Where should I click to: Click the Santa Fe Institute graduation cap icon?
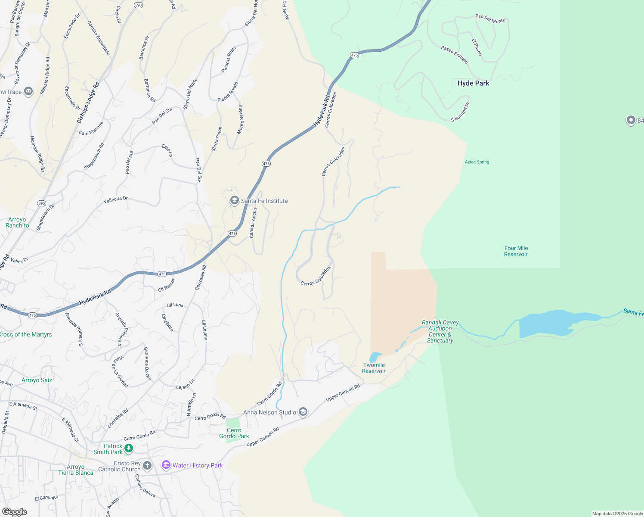(x=235, y=201)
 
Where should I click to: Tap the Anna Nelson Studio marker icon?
(x=303, y=412)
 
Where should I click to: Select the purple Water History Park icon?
(x=166, y=465)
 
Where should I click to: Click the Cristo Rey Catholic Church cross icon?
(x=147, y=466)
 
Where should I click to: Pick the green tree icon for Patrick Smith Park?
(x=128, y=449)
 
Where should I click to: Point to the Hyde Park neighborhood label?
(x=473, y=83)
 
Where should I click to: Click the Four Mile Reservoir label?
(x=516, y=251)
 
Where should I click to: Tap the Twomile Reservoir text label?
(x=374, y=368)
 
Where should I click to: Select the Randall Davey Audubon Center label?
(x=440, y=331)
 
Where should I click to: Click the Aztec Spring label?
(x=477, y=162)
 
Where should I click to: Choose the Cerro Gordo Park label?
(x=234, y=433)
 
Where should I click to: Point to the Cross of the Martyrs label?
(x=26, y=334)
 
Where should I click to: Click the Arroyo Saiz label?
(x=37, y=380)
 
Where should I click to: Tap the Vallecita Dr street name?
(x=116, y=200)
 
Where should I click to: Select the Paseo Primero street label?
(x=454, y=55)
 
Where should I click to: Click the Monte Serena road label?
(x=241, y=119)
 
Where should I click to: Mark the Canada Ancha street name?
(x=253, y=223)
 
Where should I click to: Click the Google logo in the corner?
(x=15, y=511)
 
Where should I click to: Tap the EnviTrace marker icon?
(x=28, y=91)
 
